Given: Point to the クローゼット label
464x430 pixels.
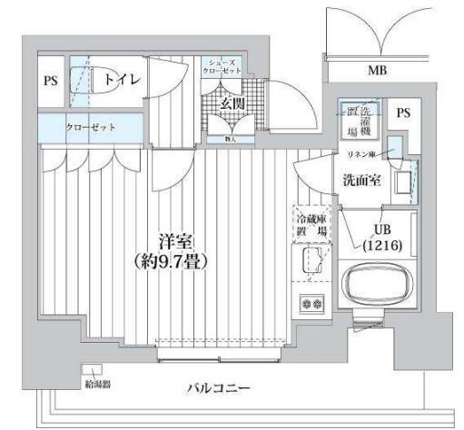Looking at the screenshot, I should click(x=90, y=127).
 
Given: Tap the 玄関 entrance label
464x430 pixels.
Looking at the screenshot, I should click(x=232, y=103).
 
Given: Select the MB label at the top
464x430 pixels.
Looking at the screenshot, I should click(x=377, y=70).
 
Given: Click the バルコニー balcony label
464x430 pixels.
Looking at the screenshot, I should click(x=218, y=388).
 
